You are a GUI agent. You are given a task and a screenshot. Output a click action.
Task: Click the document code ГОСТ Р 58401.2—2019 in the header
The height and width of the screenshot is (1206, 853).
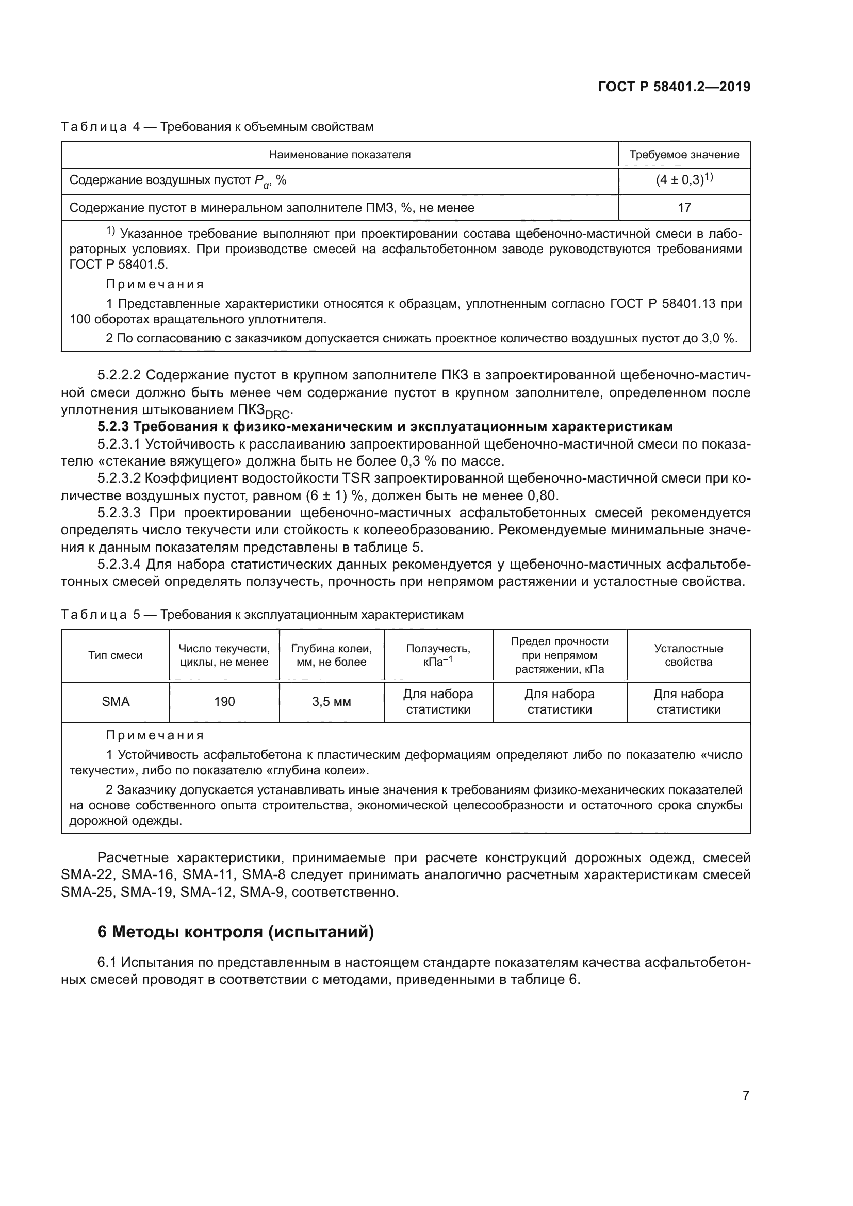pyautogui.click(x=674, y=87)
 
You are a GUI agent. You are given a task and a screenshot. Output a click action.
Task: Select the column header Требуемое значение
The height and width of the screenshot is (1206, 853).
pyautogui.click(x=684, y=155)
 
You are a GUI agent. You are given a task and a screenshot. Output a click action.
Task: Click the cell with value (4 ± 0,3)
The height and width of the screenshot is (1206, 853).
pyautogui.click(x=684, y=180)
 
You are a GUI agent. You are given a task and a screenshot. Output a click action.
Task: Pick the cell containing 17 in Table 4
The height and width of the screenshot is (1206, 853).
pyautogui.click(x=684, y=207)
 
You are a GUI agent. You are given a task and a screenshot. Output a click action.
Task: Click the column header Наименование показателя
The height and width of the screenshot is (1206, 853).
pyautogui.click(x=339, y=155)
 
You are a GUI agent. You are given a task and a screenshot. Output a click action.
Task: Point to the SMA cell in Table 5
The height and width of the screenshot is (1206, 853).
pyautogui.click(x=116, y=702)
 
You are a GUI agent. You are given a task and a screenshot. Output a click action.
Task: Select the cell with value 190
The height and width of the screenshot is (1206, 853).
pyautogui.click(x=224, y=702)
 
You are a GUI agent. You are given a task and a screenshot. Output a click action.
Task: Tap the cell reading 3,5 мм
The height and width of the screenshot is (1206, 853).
pyautogui.click(x=332, y=702)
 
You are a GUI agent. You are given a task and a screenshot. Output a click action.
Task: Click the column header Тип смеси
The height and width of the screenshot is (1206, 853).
pyautogui.click(x=116, y=655)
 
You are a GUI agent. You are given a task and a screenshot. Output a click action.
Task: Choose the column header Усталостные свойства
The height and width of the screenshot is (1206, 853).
pyautogui.click(x=688, y=655)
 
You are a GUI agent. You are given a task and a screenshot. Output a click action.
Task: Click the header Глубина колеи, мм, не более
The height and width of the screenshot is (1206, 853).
pyautogui.click(x=332, y=655)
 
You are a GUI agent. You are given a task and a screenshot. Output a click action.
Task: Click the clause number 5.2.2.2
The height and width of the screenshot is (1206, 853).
pyautogui.click(x=119, y=375)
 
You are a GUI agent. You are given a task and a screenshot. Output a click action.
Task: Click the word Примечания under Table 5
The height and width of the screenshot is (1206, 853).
pyautogui.click(x=154, y=735)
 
